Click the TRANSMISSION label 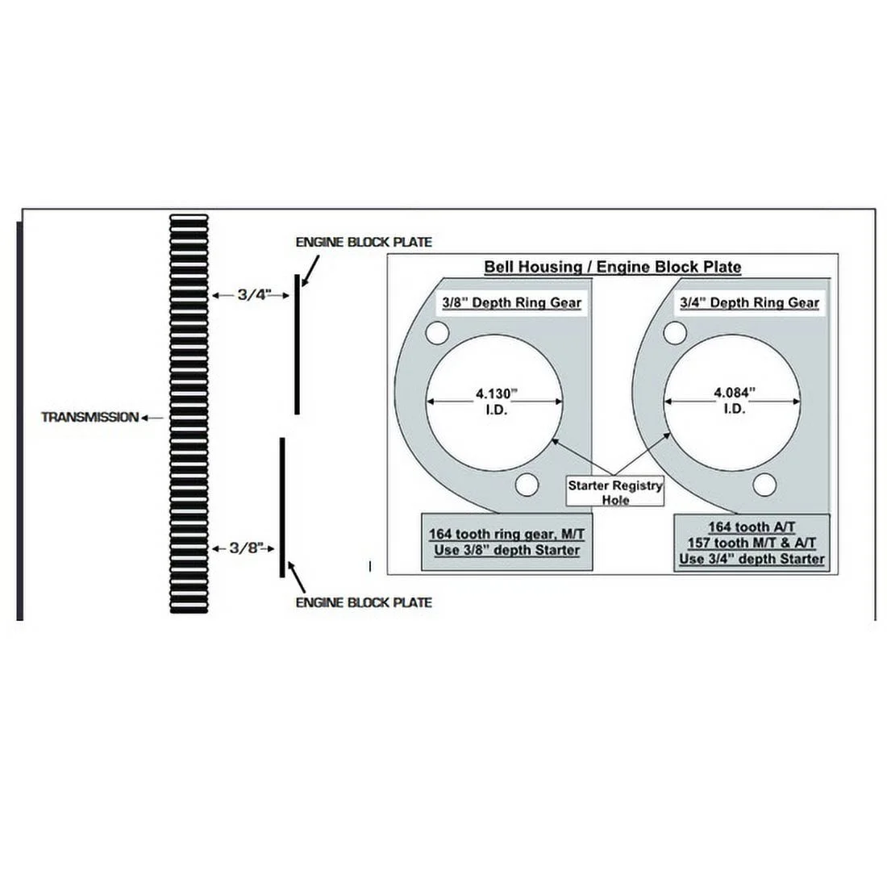click(x=90, y=418)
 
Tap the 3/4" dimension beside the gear click(x=250, y=295)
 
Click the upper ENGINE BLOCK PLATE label click(x=364, y=242)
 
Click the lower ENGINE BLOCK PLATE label click(x=364, y=602)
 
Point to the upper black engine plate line click(x=297, y=344)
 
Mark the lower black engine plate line click(x=282, y=507)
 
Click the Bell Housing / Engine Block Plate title click(x=612, y=267)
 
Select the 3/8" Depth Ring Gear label click(x=510, y=303)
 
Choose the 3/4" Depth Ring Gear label click(x=749, y=303)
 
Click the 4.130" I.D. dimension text click(x=493, y=401)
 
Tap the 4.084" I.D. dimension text click(x=733, y=401)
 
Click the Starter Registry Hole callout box click(x=614, y=493)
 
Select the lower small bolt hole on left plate click(x=527, y=485)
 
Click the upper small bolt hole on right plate click(x=675, y=332)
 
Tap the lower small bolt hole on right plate click(x=764, y=485)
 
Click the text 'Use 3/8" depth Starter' click(x=506, y=550)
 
